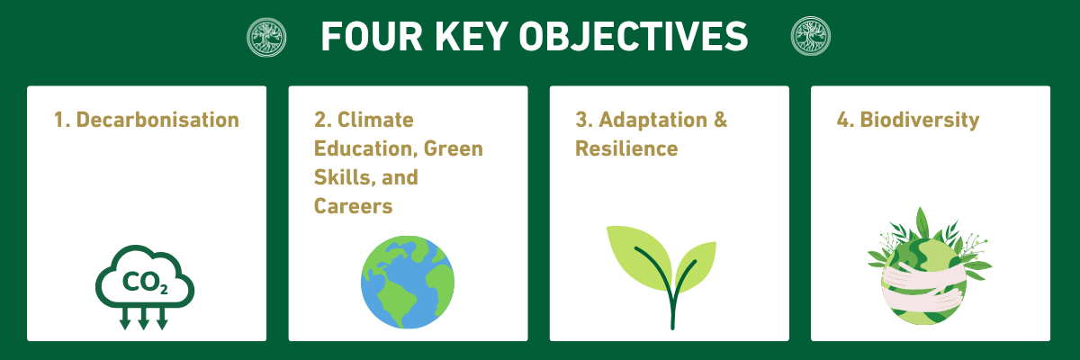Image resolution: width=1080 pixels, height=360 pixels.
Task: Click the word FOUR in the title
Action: (x=373, y=37)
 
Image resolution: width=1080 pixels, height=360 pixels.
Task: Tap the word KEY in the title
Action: (x=472, y=37)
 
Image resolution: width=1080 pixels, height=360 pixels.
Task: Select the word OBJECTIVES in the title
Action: (x=634, y=37)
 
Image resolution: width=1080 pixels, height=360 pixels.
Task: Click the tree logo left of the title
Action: (x=266, y=37)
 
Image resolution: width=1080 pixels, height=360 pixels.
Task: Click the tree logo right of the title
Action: (x=811, y=36)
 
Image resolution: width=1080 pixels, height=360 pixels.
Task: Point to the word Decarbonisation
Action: (x=157, y=120)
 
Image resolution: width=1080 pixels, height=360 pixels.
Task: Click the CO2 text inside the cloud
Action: (x=145, y=283)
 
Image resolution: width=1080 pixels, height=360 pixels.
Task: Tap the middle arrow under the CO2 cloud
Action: (x=143, y=318)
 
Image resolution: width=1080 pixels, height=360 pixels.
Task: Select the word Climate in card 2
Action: (x=375, y=120)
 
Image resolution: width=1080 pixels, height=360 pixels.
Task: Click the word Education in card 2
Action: (x=364, y=148)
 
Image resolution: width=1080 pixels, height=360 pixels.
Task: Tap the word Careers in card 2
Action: (x=354, y=206)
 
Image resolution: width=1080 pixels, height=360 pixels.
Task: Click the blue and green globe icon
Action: (x=408, y=283)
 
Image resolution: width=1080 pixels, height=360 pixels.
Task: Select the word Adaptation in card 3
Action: (x=652, y=120)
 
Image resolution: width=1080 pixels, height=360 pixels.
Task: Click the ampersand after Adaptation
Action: (x=720, y=120)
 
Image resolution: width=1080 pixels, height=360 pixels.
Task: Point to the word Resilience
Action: (x=626, y=148)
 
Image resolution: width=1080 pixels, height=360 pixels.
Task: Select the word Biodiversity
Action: (x=920, y=120)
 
